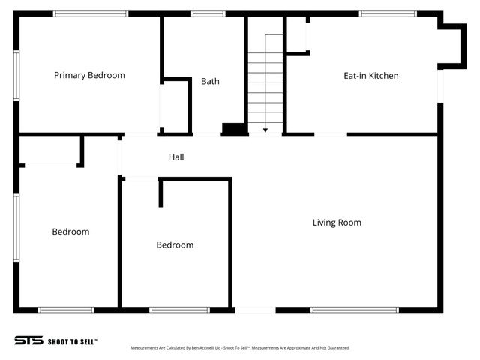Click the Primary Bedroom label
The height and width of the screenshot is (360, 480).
[89, 75]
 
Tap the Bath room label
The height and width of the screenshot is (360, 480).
[210, 81]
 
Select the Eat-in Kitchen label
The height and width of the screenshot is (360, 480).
[370, 76]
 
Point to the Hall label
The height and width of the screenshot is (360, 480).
[176, 157]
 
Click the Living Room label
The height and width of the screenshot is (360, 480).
[337, 223]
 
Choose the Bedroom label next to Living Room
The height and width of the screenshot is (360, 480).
[175, 245]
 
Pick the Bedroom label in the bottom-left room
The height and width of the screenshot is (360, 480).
[70, 232]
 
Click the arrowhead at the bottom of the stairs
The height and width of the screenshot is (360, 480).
[265, 130]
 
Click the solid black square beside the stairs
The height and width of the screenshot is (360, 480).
[235, 129]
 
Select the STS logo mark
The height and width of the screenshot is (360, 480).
[28, 340]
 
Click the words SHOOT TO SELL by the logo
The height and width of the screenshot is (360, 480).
[72, 341]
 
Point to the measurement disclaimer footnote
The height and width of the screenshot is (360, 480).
[239, 348]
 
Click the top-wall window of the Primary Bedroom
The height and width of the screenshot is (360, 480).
[90, 13]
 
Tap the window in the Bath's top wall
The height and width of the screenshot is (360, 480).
[208, 13]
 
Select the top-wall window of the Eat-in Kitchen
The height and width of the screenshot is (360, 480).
[388, 13]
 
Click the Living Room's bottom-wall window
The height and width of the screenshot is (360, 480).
[354, 310]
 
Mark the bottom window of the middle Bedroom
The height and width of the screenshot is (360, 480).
[179, 310]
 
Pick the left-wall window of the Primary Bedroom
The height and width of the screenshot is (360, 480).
[16, 76]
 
